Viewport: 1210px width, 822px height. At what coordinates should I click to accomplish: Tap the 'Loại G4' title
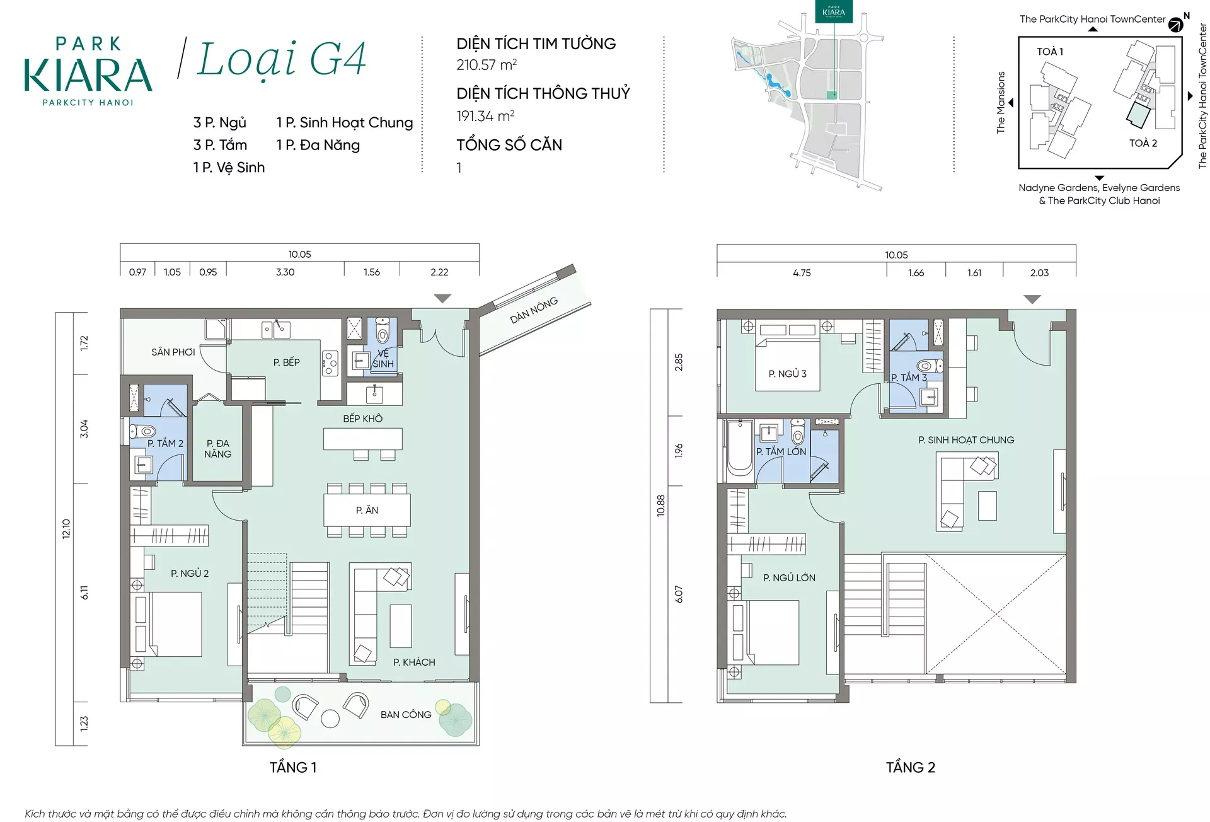[x=282, y=59]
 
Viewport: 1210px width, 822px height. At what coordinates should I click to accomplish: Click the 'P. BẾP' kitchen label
[x=287, y=362]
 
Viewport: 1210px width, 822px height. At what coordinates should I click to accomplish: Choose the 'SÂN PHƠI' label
[x=173, y=352]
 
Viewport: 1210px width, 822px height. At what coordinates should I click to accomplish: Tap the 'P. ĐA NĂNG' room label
[x=218, y=449]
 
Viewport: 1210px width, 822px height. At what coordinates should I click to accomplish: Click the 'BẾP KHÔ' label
[x=363, y=419]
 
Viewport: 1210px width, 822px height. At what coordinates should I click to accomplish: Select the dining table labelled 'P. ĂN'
[x=367, y=510]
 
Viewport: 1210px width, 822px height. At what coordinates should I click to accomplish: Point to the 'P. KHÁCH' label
[x=414, y=662]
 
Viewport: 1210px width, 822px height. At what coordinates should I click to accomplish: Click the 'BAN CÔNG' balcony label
[x=406, y=714]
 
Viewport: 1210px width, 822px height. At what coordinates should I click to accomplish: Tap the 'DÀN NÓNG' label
[x=534, y=310]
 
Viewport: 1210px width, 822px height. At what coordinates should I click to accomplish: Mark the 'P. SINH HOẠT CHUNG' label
[x=966, y=440]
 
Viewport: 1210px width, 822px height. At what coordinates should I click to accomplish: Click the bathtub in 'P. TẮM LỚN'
[x=740, y=448]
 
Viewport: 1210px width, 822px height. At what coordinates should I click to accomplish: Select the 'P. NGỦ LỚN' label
[x=789, y=577]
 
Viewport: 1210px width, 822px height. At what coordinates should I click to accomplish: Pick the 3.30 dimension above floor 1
[x=285, y=272]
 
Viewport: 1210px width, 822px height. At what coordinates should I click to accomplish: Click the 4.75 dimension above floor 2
[x=802, y=273]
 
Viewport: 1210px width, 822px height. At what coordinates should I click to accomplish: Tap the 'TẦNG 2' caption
[x=911, y=767]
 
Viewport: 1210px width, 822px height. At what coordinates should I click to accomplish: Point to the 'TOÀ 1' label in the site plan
[x=1050, y=52]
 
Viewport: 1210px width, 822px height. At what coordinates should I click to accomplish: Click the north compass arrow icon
[x=1176, y=25]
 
